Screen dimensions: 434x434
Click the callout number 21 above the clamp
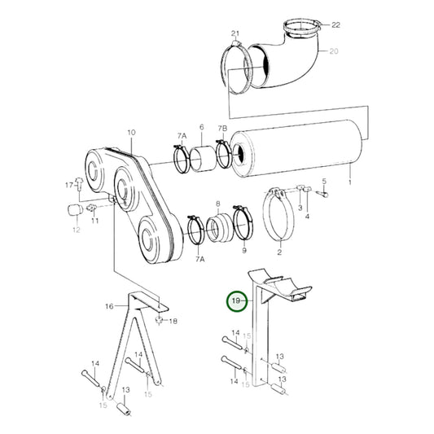[236, 33]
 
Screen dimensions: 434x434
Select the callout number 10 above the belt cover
[131, 131]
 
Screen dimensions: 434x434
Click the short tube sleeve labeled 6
[202, 155]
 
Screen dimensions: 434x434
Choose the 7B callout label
[221, 129]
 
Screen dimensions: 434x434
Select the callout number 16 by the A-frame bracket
[110, 307]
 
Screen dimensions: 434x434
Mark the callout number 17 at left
[69, 186]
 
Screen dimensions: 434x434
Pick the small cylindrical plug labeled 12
[72, 211]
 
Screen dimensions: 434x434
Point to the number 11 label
[94, 221]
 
